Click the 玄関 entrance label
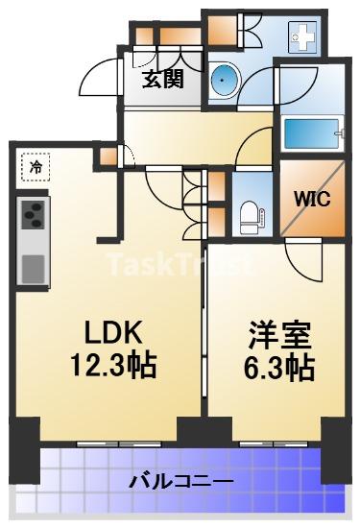point(163,79)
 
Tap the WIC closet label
point(313,199)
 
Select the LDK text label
point(112,332)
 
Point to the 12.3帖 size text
point(113,365)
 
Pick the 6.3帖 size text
point(278,367)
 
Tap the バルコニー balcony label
point(181,482)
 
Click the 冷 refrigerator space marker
point(36,167)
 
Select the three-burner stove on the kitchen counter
point(33,215)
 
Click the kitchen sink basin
point(33,269)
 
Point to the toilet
point(252,217)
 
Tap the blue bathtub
point(311,133)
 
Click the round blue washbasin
point(224,80)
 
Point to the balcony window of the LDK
point(109,444)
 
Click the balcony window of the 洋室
point(273,444)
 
